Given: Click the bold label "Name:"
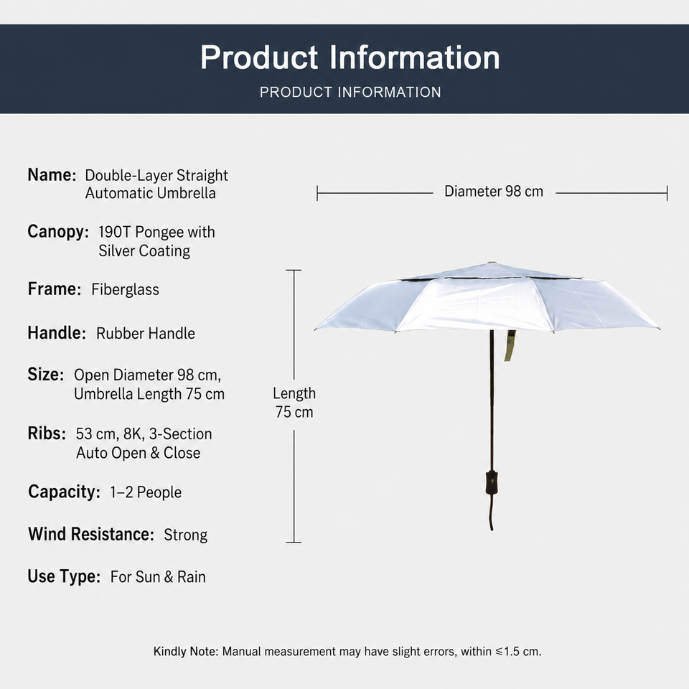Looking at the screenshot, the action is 52,175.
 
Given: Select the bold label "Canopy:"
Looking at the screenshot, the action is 58,232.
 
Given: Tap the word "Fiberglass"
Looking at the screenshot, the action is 125,289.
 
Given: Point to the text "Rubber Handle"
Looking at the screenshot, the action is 146,334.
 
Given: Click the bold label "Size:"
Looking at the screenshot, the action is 46,375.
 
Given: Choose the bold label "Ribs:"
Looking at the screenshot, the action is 47,433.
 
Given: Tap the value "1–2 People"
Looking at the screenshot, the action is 146,492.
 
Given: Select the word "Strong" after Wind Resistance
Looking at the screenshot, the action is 185,535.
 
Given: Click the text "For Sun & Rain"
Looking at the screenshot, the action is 158,577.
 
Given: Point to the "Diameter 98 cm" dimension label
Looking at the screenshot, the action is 494,192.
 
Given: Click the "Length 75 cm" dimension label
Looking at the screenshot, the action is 294,403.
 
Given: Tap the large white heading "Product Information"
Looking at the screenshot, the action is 350,57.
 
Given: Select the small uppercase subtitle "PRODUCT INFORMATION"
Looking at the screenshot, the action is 350,93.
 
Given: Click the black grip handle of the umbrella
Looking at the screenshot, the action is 491,483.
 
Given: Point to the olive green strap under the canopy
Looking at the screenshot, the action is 510,346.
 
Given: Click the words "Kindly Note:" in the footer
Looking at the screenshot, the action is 186,651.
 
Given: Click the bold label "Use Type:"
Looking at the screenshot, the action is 64,576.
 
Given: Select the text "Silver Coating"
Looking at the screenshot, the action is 144,251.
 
